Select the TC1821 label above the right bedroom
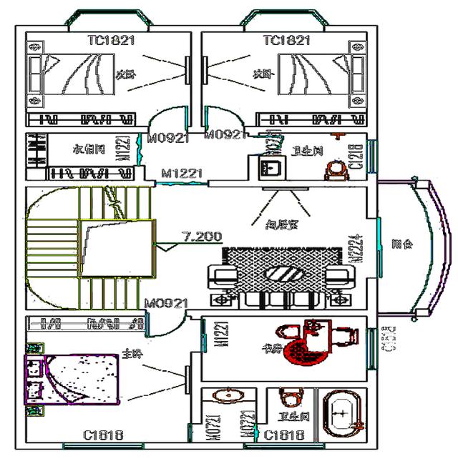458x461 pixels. point(287,41)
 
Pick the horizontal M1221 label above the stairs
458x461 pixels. point(182,173)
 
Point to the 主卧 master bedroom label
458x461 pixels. point(131,353)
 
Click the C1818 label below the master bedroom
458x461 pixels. point(103,435)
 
